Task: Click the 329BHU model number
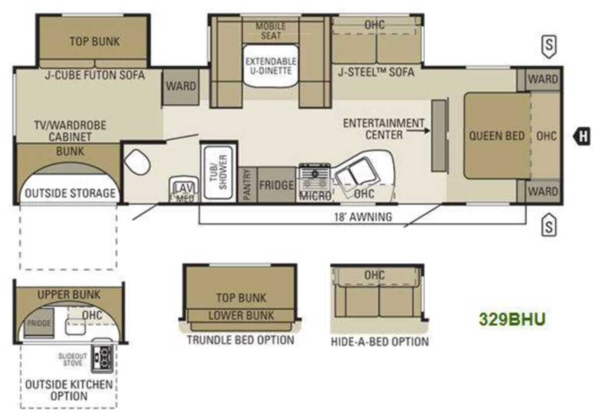coord(512,319)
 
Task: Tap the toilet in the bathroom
coord(137,162)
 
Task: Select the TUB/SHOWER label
coord(219,171)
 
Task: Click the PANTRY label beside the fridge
coord(247,185)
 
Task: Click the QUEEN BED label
coord(497,136)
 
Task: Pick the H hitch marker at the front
coord(581,136)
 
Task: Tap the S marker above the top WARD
coord(549,46)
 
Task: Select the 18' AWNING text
coord(363,217)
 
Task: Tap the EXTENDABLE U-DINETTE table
coord(270,66)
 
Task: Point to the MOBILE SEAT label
coord(270,31)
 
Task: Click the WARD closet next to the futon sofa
coord(181,87)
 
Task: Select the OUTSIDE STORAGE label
coord(70,193)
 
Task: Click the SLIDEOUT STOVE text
coord(73,360)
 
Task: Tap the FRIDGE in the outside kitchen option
coord(39,323)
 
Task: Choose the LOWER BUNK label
coord(241,315)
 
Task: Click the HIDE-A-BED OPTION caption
coord(379,341)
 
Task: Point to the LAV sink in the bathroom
coord(184,189)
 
